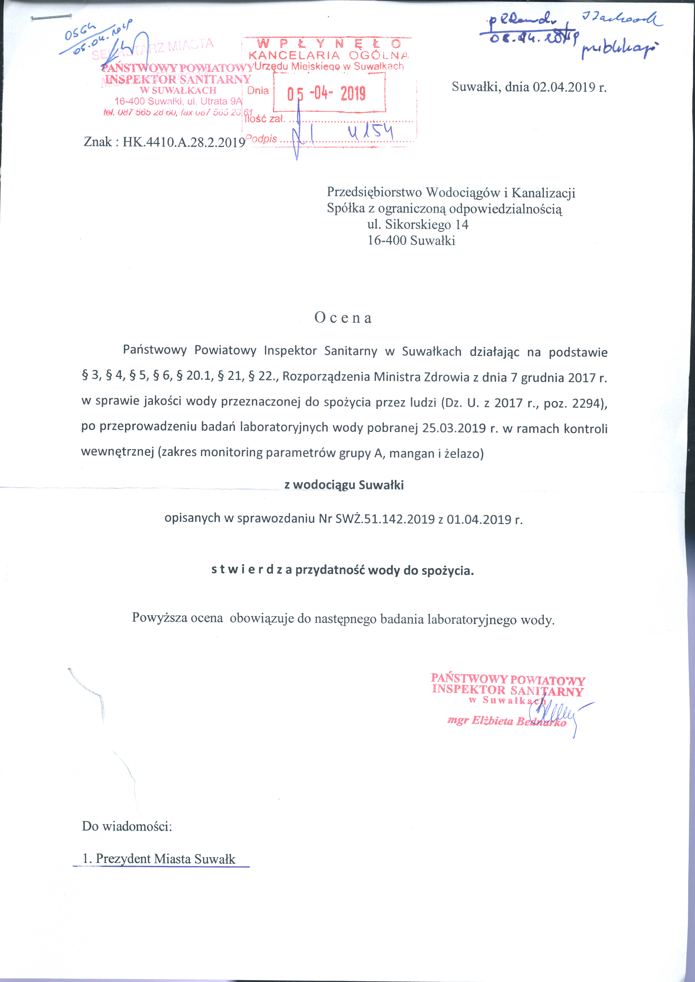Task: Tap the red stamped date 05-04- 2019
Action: [326, 93]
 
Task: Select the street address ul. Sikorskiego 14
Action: [418, 225]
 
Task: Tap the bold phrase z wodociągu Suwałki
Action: [344, 485]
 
